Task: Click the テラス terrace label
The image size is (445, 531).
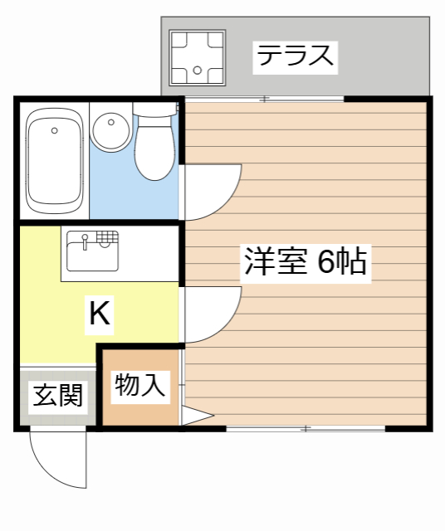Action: pos(296,56)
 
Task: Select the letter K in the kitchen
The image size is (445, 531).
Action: pos(99,314)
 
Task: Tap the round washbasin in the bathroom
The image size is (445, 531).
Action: pos(110,132)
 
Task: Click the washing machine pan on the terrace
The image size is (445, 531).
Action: pos(198,57)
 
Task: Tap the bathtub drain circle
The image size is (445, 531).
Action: pos(55,130)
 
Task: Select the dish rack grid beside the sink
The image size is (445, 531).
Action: pos(105,238)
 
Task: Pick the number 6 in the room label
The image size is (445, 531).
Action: pos(325,262)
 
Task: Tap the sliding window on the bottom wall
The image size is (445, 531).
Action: pos(306,428)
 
